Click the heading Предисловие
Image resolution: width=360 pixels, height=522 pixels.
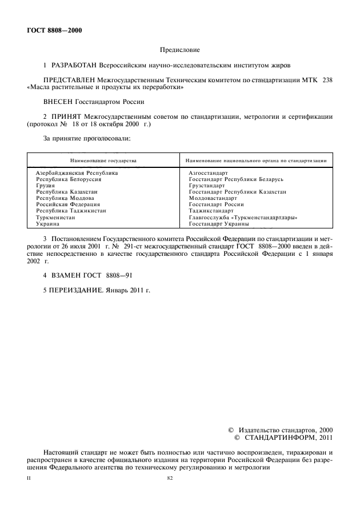click(x=180, y=50)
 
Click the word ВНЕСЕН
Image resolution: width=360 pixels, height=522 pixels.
click(x=58, y=102)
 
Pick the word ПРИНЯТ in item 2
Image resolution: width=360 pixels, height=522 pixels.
click(x=67, y=117)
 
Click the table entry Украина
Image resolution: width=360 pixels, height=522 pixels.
click(x=47, y=224)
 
